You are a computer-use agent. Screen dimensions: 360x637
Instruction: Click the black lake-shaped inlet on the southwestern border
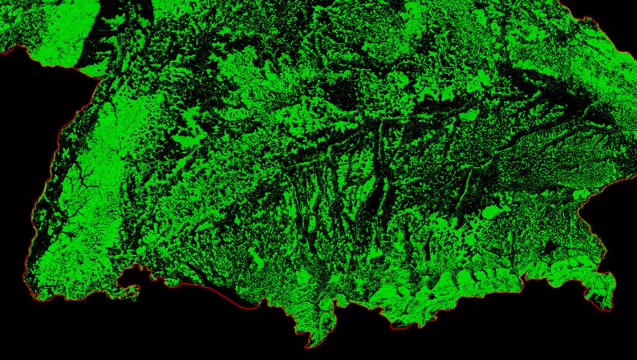point(128,278)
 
